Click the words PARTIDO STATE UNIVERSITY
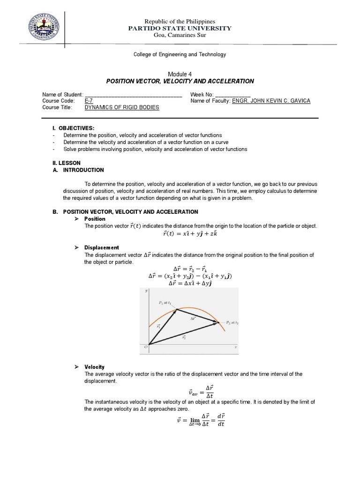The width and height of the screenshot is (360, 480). click(180, 29)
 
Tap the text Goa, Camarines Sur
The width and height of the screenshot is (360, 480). click(180, 36)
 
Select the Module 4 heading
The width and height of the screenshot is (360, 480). click(180, 74)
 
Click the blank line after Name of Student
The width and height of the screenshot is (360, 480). click(134, 95)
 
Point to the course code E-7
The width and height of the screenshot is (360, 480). click(89, 101)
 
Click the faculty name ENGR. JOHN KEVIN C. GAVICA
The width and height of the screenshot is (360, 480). click(271, 101)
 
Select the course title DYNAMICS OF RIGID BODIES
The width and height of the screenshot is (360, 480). click(121, 107)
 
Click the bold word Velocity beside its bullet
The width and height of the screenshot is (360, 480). click(94, 367)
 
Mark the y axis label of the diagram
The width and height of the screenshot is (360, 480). click(147, 292)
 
